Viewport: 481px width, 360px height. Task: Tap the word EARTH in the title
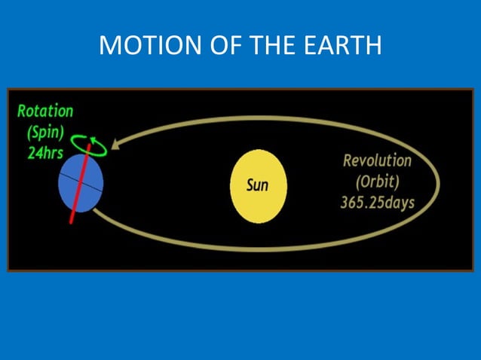342,46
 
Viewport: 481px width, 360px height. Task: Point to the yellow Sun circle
257,185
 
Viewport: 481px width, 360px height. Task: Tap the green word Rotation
45,111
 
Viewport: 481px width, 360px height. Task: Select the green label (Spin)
44,131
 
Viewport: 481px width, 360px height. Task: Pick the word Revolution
377,161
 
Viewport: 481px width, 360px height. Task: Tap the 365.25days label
377,203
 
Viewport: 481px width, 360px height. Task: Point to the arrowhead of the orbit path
115,145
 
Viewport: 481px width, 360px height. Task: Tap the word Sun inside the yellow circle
257,185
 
